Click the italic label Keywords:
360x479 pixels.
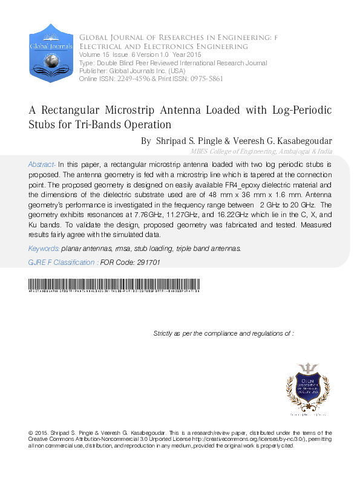44,249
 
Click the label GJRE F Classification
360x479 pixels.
62,262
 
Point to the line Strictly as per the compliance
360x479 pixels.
223,333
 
